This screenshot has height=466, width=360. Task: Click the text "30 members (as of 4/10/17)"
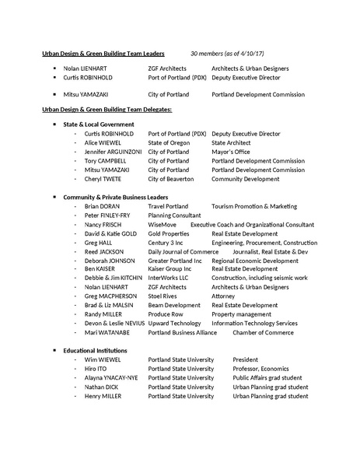229,54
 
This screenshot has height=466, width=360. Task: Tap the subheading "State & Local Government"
98,124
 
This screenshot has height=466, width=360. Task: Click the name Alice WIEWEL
102,143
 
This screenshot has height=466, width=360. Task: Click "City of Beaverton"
173,179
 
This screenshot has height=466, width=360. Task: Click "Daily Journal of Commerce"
183,251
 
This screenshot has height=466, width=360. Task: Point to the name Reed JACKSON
103,251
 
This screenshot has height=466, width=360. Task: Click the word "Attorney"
223,296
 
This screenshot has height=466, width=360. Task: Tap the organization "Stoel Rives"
164,296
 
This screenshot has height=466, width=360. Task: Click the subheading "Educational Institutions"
95,351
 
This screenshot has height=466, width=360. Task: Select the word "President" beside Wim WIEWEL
246,360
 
